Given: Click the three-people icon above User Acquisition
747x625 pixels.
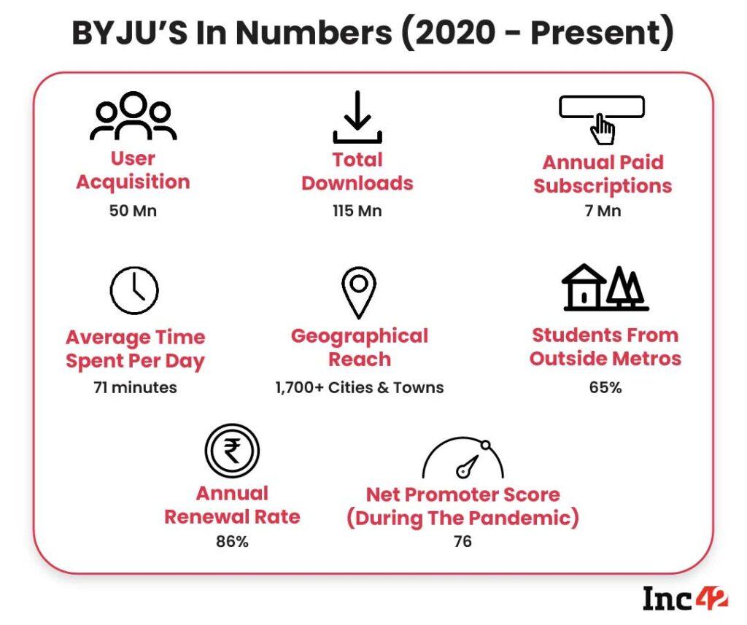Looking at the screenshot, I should (133, 116).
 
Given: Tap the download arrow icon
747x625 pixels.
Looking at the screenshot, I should (357, 117).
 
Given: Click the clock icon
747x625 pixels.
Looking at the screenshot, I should (134, 290).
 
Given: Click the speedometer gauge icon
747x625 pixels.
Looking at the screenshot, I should (463, 457).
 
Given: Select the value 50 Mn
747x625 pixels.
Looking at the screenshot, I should (133, 211).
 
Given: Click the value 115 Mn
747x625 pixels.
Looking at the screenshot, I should (357, 211).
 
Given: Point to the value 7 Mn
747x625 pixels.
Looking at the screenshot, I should (603, 211).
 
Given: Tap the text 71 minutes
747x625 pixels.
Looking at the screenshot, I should (135, 387).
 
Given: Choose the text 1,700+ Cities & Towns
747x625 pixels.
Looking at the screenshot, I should (359, 387).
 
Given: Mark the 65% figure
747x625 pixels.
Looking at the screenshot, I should (605, 387).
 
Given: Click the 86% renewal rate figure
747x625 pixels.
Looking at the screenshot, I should (232, 543).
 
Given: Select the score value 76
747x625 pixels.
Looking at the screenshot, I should (462, 541).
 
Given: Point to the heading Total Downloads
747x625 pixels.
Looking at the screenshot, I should (357, 171).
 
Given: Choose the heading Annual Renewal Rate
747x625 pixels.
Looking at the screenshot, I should (232, 505).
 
